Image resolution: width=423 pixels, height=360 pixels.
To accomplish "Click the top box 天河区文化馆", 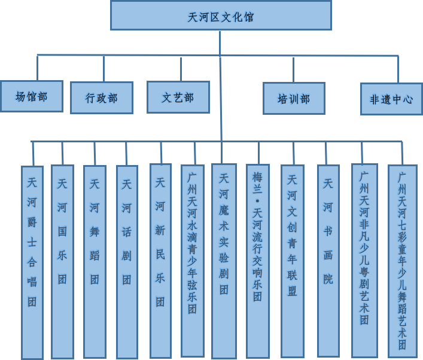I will click(221, 16).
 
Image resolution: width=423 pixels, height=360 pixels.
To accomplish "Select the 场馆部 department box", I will click(32, 96).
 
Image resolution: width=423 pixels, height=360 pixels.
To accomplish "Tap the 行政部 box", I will click(102, 98).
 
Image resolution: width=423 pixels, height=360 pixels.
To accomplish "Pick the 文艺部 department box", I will click(178, 97).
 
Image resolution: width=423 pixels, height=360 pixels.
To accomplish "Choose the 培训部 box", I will click(294, 99).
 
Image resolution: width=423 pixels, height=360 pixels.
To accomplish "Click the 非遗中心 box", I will click(391, 99).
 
